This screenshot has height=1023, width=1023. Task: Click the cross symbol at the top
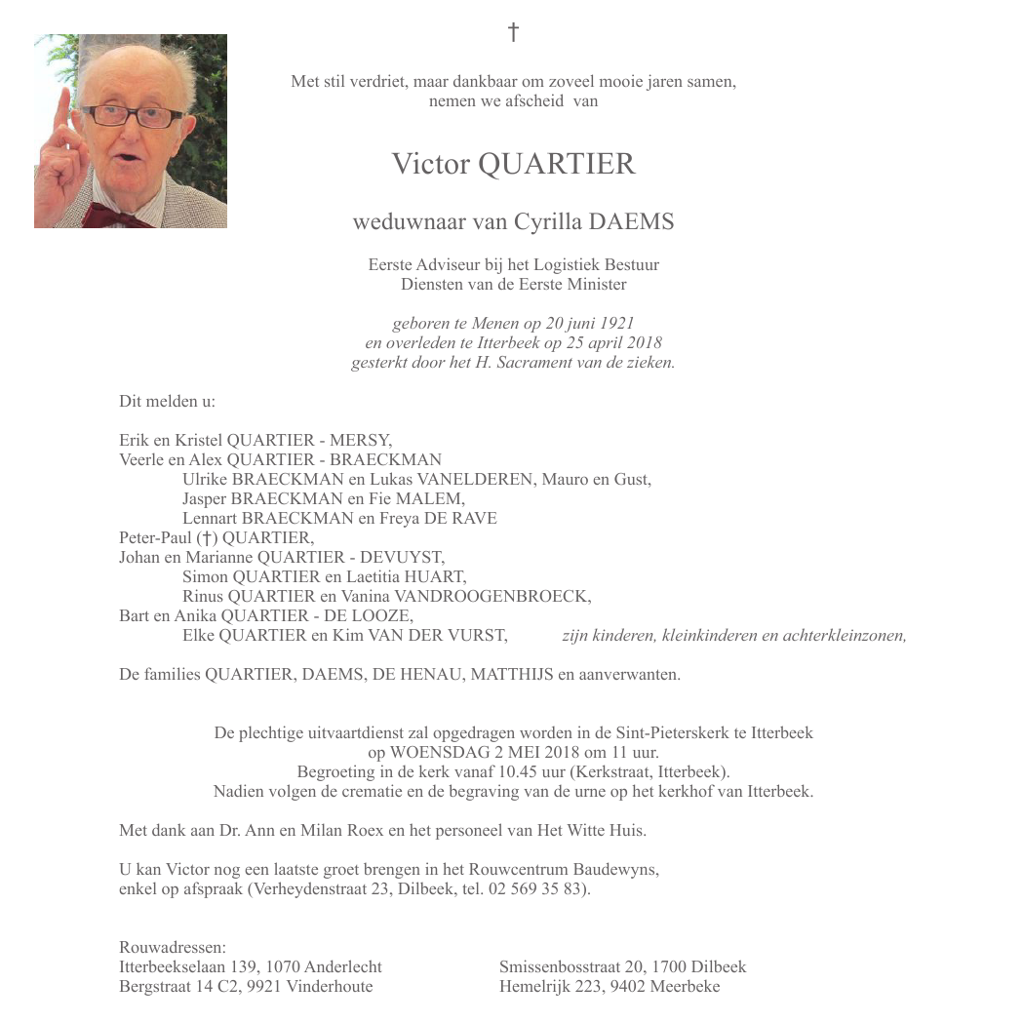pos(513,33)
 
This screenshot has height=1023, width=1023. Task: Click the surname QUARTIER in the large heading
pos(556,164)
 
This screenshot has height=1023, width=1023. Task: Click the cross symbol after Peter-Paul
pos(205,538)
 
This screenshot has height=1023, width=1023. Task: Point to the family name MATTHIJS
pos(512,675)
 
